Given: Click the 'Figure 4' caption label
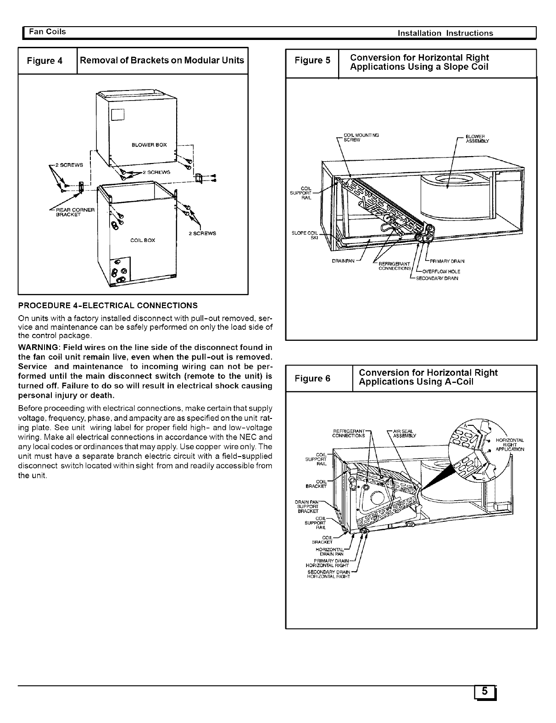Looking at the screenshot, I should (x=44, y=61).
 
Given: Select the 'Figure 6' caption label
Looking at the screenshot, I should (x=312, y=378).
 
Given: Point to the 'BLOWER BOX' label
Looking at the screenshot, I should (x=149, y=145).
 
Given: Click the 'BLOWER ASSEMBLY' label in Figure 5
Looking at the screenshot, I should (x=477, y=139).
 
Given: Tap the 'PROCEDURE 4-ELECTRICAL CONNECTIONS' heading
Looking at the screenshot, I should (x=108, y=305).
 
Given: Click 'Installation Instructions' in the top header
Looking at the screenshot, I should (x=445, y=33).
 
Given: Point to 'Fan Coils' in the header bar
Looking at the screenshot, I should (x=47, y=32).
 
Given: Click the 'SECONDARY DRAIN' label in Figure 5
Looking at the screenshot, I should (x=437, y=278).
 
